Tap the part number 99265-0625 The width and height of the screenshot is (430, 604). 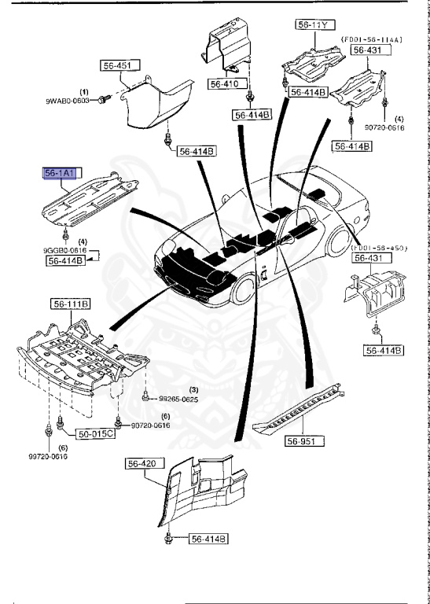(178, 400)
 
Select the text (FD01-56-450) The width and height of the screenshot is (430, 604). (380, 248)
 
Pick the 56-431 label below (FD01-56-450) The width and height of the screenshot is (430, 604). (366, 258)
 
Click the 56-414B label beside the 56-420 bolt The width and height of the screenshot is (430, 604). (208, 539)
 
